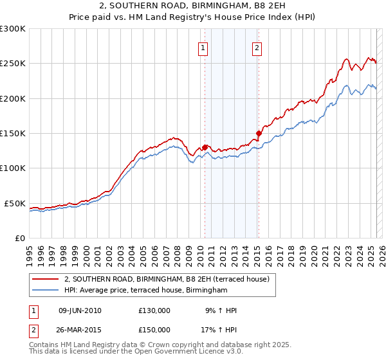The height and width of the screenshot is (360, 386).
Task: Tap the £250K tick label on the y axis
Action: pyautogui.click(x=12, y=64)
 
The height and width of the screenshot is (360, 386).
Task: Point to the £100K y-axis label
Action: pyautogui.click(x=12, y=168)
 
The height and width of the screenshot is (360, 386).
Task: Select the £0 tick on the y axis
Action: pyautogui.click(x=19, y=238)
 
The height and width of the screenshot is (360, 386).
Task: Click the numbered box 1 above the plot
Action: pyautogui.click(x=203, y=47)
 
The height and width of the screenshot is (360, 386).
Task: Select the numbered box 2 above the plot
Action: pyautogui.click(x=257, y=47)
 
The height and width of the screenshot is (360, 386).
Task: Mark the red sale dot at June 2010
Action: pyautogui.click(x=205, y=147)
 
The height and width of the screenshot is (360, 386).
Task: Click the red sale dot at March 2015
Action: pyautogui.click(x=259, y=134)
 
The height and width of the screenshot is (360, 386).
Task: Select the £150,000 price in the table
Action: pyautogui.click(x=154, y=329)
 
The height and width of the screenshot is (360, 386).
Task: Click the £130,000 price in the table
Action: pyautogui.click(x=154, y=310)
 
